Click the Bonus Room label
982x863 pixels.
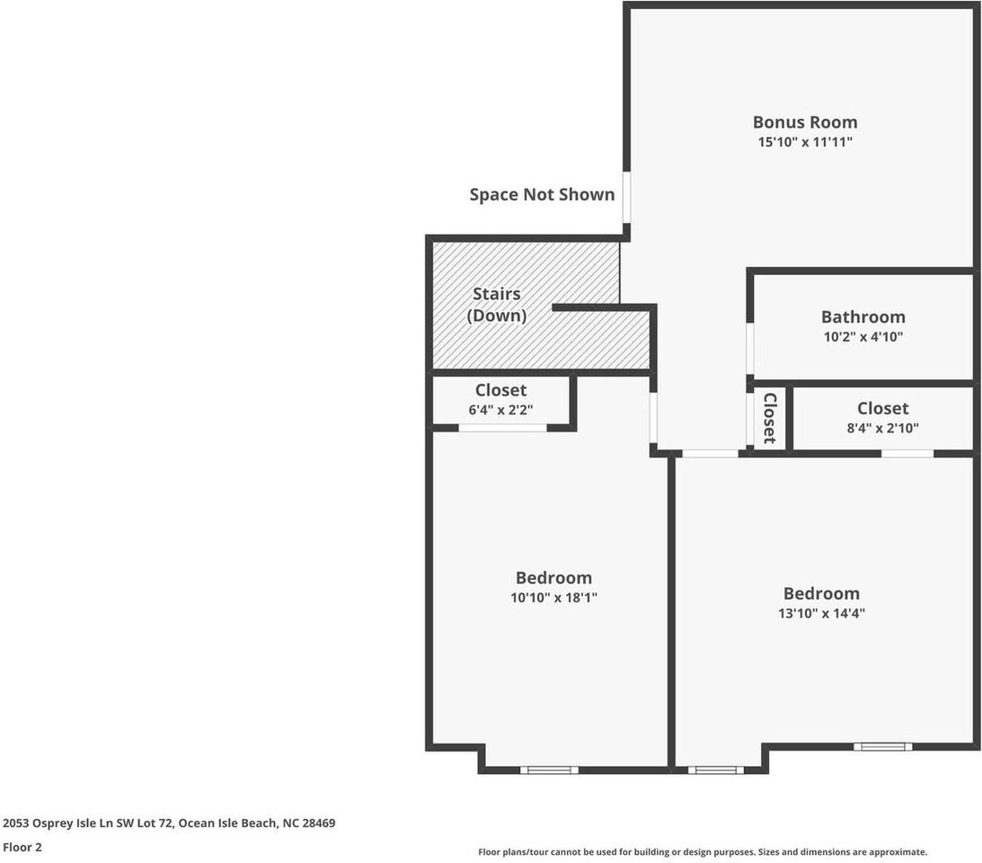(x=804, y=122)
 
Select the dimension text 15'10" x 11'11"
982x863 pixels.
(x=804, y=142)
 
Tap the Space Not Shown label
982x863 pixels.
(x=542, y=194)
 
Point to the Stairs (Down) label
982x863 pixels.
(x=496, y=305)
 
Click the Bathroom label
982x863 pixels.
(x=863, y=316)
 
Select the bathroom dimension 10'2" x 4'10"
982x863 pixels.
(x=863, y=337)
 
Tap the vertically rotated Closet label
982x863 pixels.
(x=770, y=418)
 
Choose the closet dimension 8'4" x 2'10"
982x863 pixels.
(x=882, y=429)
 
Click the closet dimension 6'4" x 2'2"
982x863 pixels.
(x=500, y=410)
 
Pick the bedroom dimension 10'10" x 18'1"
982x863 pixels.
(x=553, y=598)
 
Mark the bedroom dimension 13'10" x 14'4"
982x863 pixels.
(x=821, y=613)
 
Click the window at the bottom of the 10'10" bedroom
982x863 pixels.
(x=549, y=770)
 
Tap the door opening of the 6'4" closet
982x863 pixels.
(x=502, y=428)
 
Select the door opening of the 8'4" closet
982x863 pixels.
(x=907, y=453)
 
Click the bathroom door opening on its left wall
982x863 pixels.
(x=750, y=349)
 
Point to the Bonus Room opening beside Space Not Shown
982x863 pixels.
(x=626, y=198)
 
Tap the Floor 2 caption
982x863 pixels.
(x=22, y=847)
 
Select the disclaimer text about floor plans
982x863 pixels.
(x=702, y=851)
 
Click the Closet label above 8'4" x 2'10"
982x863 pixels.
(x=882, y=408)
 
